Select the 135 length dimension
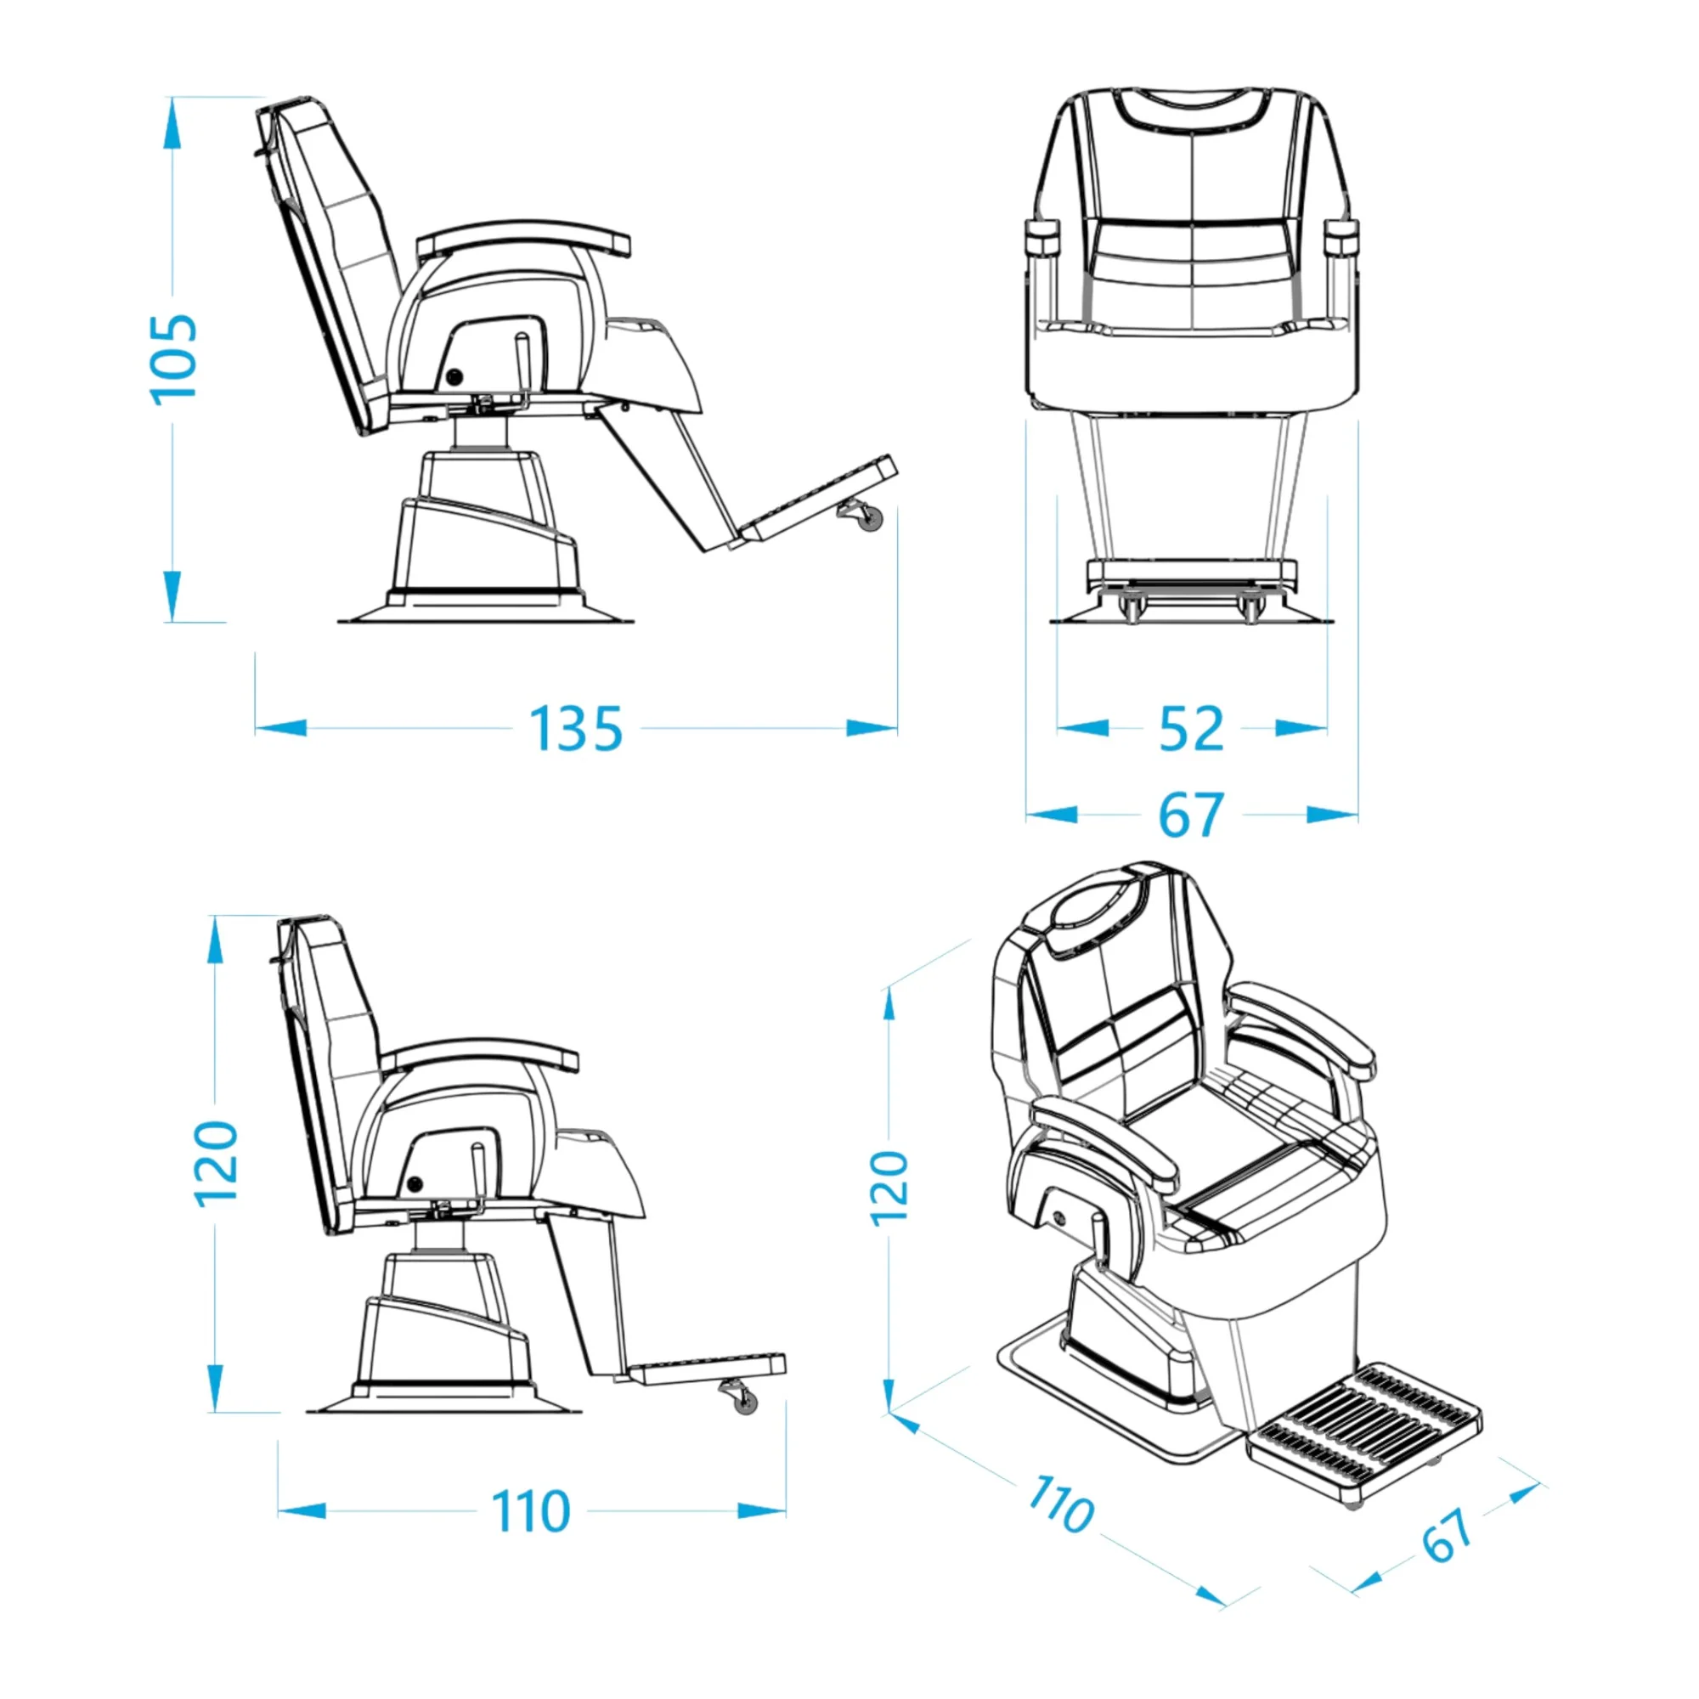point(575,728)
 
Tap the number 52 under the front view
point(1191,728)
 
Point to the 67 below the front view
point(1191,816)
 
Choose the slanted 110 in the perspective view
point(1061,1503)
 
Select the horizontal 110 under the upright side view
point(530,1510)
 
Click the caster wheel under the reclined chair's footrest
point(866,516)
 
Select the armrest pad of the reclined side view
point(524,238)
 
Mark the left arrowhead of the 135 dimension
point(280,728)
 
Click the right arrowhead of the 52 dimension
point(1301,728)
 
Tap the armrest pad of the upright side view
point(478,1063)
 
